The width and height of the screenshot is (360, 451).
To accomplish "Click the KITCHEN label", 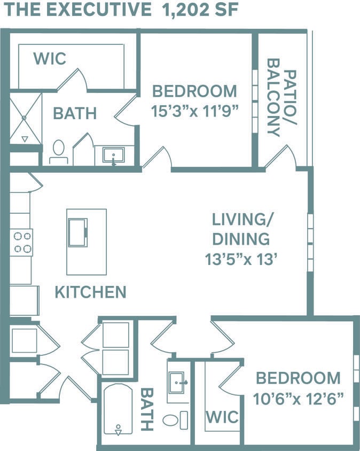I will (90, 292).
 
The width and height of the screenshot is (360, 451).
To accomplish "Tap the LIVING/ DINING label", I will (240, 229).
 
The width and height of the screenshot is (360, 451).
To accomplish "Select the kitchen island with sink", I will (86, 241).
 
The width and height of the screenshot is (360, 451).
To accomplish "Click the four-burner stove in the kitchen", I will (22, 242).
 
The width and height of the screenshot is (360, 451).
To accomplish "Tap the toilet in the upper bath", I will (58, 151).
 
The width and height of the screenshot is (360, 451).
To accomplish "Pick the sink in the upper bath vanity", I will (114, 156).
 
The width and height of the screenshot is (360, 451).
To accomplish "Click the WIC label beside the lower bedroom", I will (222, 416).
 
